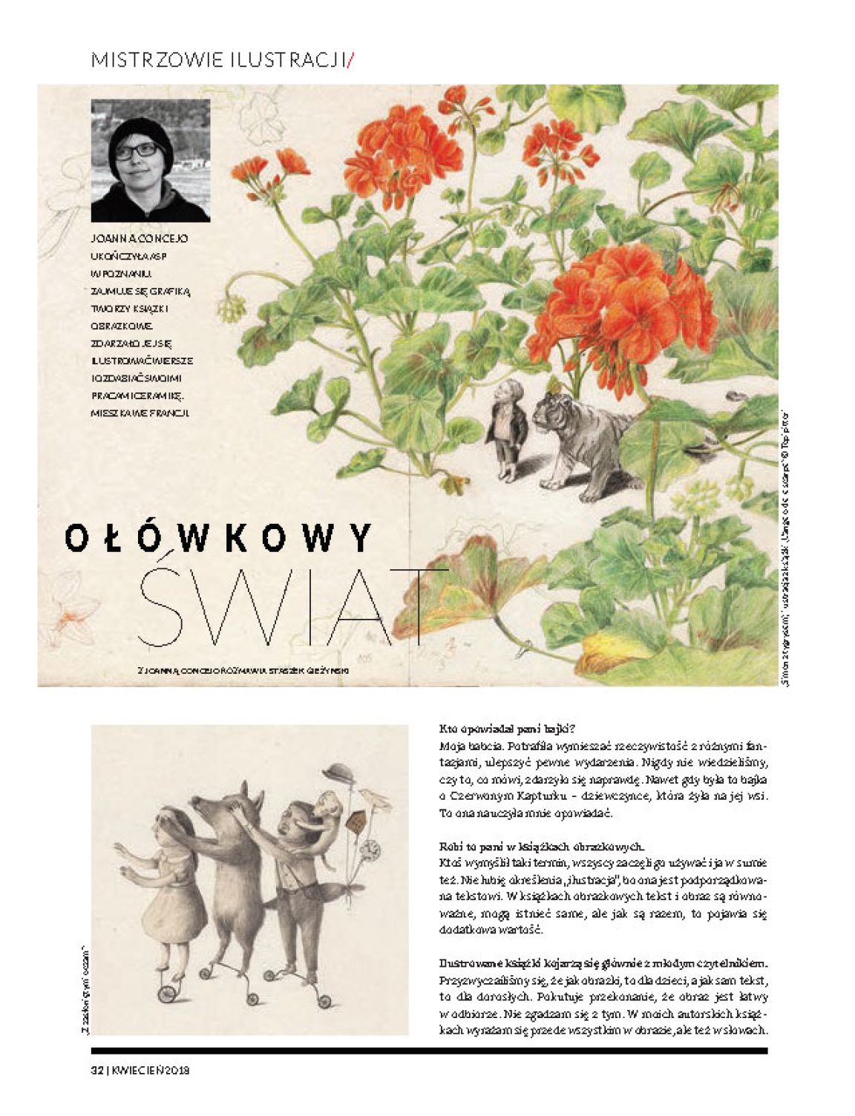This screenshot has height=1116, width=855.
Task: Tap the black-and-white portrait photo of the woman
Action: pos(151,160)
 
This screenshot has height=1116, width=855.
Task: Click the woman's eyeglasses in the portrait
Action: pos(137,151)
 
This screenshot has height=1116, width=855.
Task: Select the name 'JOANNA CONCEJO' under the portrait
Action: pos(139,239)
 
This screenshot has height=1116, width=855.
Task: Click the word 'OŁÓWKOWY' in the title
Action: pos(218,539)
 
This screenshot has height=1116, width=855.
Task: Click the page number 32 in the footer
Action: pos(96,1069)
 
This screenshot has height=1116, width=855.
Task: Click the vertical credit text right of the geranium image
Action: pos(785,549)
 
